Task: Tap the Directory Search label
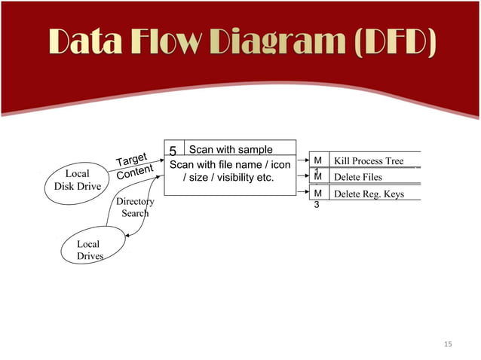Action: pyautogui.click(x=135, y=207)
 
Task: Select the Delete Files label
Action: pyautogui.click(x=357, y=178)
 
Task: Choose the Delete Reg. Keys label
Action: pyautogui.click(x=369, y=194)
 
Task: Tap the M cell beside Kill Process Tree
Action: pyautogui.click(x=317, y=161)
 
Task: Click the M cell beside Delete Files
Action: pyautogui.click(x=317, y=178)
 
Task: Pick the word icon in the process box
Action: pyautogui.click(x=280, y=165)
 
